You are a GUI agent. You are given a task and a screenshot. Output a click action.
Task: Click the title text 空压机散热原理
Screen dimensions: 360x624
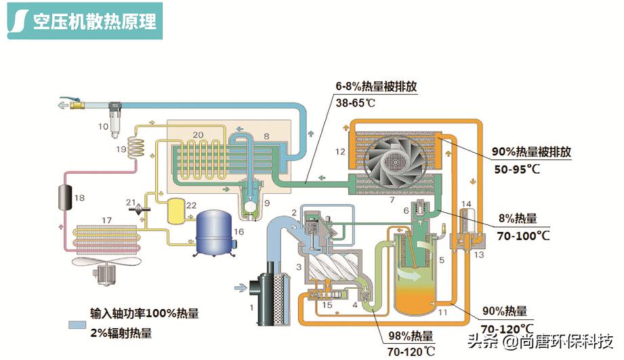coord(95,21)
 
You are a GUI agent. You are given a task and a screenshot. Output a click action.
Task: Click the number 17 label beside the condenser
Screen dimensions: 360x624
coord(106,220)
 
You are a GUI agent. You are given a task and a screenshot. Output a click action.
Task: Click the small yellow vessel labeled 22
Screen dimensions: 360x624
coord(175,209)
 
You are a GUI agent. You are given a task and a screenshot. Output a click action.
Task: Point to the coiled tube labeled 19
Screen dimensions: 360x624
coord(139,146)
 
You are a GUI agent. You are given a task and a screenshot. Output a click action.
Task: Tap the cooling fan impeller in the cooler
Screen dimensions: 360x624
coord(392,160)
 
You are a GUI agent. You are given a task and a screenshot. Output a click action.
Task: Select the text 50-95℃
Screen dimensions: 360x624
coord(516,169)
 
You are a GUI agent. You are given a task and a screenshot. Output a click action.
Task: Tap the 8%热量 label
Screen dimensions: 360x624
coord(518,219)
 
